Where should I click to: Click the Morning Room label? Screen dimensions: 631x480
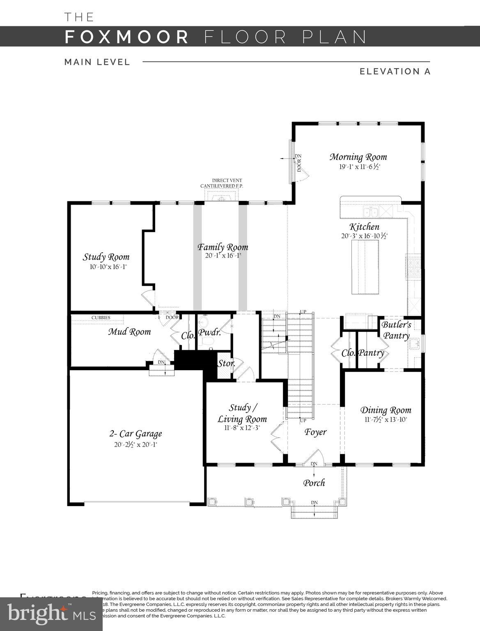tap(358, 157)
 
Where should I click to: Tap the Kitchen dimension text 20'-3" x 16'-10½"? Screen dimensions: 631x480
tap(364, 236)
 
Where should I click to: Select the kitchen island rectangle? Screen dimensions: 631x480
tap(365, 267)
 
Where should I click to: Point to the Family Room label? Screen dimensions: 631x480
tap(223, 247)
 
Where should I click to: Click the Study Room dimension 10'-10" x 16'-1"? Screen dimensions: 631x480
tap(108, 267)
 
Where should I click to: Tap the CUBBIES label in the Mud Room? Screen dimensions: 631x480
tap(101, 318)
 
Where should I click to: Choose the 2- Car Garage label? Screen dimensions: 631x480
tap(136, 434)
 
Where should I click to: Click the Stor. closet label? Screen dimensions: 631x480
tap(226, 364)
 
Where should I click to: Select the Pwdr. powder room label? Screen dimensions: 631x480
tap(209, 333)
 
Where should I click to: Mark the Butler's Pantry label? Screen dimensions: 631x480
tap(396, 330)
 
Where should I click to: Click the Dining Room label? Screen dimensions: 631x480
tap(386, 410)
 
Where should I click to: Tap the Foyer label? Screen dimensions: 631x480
tap(315, 432)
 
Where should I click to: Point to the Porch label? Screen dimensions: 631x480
tap(314, 483)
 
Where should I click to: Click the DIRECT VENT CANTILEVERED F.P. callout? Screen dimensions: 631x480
tap(222, 183)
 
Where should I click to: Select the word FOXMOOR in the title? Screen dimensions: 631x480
tap(126, 37)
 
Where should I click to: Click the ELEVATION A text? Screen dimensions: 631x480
tap(395, 71)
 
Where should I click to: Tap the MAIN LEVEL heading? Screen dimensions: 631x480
tap(97, 62)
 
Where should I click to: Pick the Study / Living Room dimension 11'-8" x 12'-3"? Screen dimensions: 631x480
tap(242, 428)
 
